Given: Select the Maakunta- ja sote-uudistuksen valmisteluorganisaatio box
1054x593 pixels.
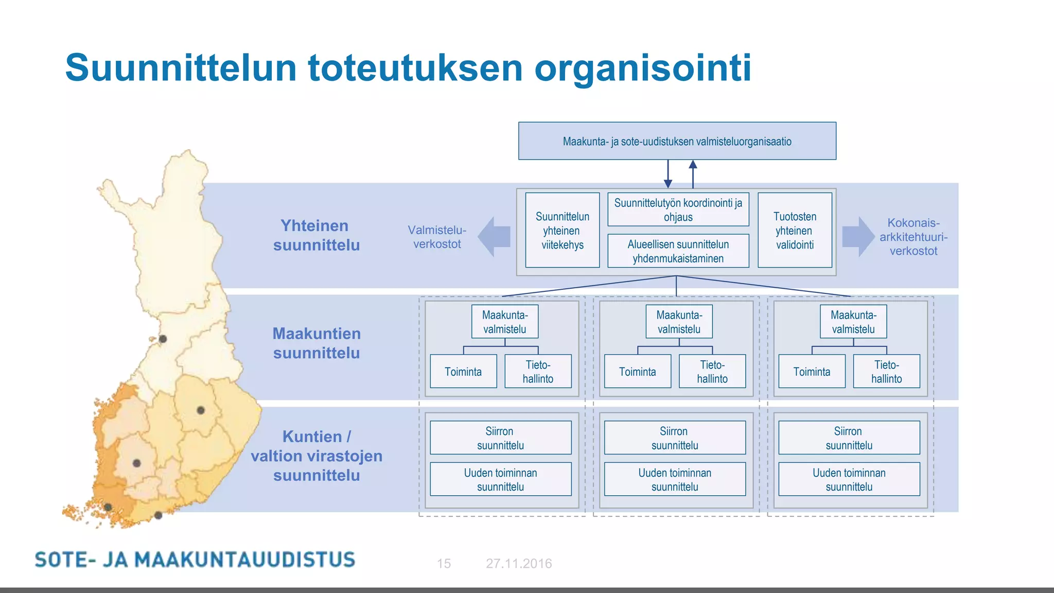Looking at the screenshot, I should tap(677, 141).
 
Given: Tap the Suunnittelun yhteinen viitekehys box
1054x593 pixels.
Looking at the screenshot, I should tap(562, 230).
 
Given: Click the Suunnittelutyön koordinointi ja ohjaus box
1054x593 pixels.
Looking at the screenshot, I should tap(678, 210).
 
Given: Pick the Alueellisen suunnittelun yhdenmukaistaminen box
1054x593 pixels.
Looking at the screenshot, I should tap(678, 251).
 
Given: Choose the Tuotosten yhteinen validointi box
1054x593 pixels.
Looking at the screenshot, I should tap(795, 230).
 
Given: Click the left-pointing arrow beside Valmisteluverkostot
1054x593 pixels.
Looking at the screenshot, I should tap(494, 237).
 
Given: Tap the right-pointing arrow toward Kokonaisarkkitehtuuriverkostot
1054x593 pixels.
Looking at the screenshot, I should tap(858, 237).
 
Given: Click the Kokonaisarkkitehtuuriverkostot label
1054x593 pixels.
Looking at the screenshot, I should tap(913, 237).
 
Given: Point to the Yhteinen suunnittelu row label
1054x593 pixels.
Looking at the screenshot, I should tap(316, 235).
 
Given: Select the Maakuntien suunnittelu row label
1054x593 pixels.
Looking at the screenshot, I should tap(316, 343).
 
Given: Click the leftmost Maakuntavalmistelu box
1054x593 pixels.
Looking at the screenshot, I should tap(504, 322).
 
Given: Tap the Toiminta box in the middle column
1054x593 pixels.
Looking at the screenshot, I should tap(637, 371).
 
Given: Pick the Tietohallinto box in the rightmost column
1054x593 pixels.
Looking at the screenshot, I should tap(886, 371).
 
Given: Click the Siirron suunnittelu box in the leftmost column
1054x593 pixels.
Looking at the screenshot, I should tap(500, 438).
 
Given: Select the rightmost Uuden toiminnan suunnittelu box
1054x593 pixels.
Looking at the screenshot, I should tap(849, 479).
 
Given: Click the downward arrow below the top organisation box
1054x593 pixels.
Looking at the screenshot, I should tap(668, 175).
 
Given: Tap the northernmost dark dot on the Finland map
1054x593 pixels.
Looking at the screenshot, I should tap(163, 339).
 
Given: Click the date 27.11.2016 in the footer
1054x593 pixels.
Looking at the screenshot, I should tap(518, 564).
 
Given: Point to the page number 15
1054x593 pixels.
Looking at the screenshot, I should tap(444, 564).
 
